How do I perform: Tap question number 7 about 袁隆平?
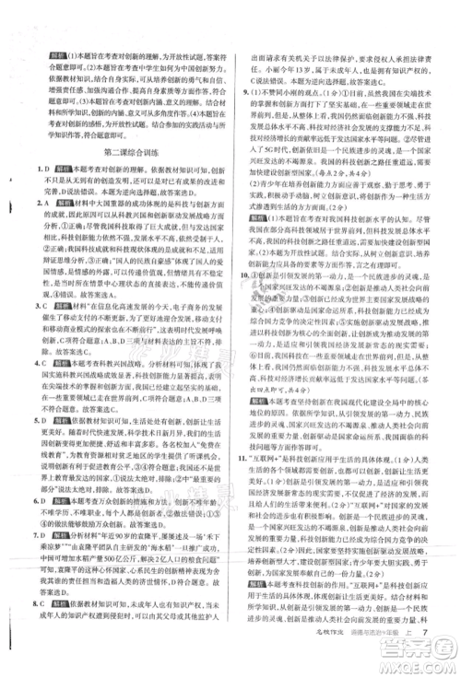(x=30, y=610)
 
